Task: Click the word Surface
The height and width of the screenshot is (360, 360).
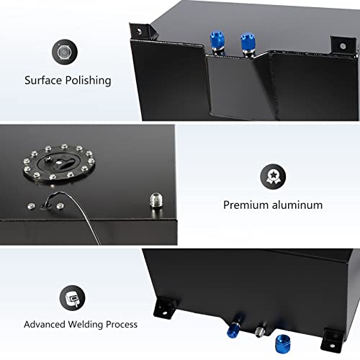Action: click(x=43, y=80)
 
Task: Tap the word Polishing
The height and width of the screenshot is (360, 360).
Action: click(x=89, y=81)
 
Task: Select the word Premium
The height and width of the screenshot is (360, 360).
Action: click(x=246, y=205)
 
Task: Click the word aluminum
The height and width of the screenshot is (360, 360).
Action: click(x=297, y=204)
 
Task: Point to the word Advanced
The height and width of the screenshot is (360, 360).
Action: click(x=45, y=324)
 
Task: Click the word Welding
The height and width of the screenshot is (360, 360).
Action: click(x=86, y=325)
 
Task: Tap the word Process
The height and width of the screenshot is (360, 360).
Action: click(x=122, y=325)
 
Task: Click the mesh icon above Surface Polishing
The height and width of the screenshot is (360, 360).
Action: click(x=65, y=52)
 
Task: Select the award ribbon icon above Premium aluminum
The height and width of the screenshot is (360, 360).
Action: click(x=273, y=176)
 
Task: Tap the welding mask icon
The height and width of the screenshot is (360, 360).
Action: click(x=72, y=298)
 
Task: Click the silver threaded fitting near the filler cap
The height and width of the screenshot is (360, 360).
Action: click(x=156, y=200)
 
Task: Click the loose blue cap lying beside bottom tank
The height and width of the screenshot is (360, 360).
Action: click(x=283, y=343)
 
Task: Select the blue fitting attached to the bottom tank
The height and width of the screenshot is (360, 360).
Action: click(x=233, y=330)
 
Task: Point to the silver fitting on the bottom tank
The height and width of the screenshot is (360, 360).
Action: click(x=260, y=331)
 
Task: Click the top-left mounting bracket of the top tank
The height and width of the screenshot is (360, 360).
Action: click(x=143, y=30)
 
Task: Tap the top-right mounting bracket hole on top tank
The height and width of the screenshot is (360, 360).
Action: click(x=343, y=46)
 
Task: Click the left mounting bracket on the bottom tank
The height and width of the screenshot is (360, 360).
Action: click(x=164, y=307)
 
